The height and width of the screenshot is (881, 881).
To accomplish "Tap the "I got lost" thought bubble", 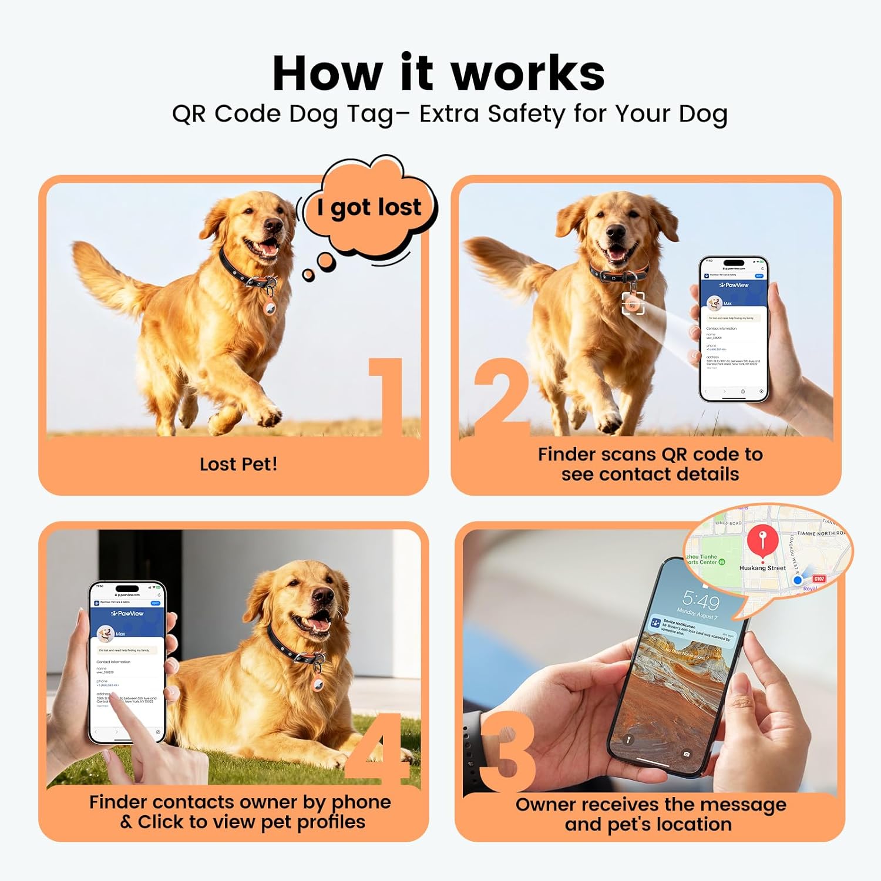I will [x=369, y=207].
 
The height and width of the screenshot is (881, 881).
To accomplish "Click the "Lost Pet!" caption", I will [x=238, y=464].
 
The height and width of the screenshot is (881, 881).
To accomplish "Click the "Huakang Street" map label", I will [x=762, y=568].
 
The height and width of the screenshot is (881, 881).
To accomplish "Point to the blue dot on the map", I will [x=798, y=580].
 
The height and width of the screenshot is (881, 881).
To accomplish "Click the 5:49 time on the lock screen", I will [x=701, y=601].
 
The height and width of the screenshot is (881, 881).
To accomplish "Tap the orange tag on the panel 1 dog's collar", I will [x=270, y=305].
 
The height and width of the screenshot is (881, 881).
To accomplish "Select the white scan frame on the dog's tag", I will [x=633, y=303].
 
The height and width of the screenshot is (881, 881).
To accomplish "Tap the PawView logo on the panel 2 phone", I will [x=734, y=285].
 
